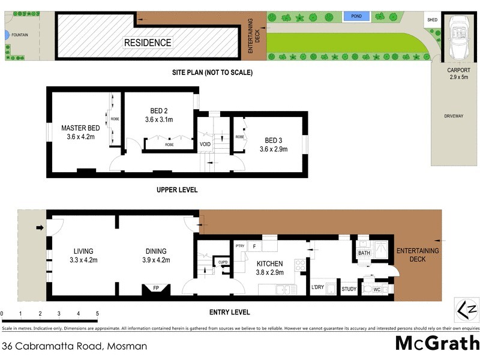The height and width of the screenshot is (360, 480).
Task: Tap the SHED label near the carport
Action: point(432,19)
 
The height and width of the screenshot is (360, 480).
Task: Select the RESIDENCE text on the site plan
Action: point(148,43)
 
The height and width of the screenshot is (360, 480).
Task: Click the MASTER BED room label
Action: point(80,128)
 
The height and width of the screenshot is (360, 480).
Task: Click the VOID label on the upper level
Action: point(205,144)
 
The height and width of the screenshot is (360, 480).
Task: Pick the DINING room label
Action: point(156,251)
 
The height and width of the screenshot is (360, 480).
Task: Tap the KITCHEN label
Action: point(270,264)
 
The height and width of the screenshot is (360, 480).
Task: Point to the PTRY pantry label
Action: point(240,246)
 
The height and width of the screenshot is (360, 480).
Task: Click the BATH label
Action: point(364,254)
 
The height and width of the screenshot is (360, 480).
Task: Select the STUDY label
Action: point(349,289)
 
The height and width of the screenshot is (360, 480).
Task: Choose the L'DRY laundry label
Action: point(317,287)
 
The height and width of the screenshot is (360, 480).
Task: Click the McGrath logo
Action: point(437,343)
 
